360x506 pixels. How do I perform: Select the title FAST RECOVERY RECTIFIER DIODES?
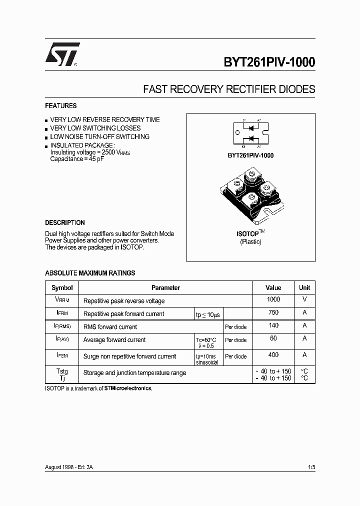point(229,89)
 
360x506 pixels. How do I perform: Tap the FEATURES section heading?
point(61,106)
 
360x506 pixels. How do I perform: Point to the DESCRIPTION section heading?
point(65,223)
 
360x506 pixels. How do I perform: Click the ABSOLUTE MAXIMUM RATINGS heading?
point(90,273)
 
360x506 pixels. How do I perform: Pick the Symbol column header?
point(62,288)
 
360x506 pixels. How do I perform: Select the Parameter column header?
point(165,288)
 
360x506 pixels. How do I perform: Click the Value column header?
point(273,288)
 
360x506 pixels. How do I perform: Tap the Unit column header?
point(304,288)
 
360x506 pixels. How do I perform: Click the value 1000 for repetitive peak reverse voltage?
point(273,299)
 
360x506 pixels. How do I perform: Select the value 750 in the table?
point(273,312)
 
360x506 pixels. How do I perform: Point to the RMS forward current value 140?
point(273,325)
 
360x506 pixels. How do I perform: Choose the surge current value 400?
point(273,354)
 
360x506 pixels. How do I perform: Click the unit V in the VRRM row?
point(304,299)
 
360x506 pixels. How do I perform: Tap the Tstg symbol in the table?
point(62,371)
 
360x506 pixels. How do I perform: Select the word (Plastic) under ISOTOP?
point(250,242)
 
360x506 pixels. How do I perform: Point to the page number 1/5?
point(311,467)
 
